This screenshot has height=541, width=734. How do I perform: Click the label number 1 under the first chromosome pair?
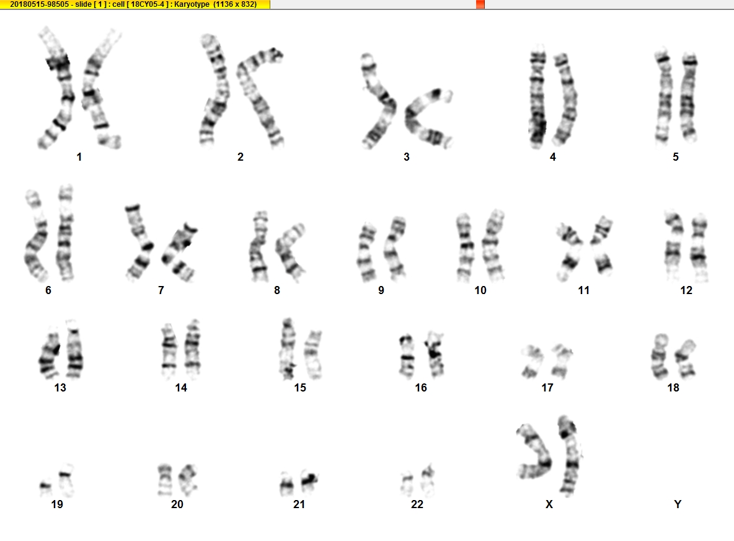click(x=79, y=157)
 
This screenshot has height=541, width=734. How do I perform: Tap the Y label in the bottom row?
click(x=678, y=504)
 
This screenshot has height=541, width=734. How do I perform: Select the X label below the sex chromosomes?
click(x=549, y=504)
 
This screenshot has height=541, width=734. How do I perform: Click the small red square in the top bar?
click(x=480, y=4)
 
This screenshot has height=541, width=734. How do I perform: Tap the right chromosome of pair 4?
click(x=565, y=99)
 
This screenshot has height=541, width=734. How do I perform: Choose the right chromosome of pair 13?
click(x=74, y=349)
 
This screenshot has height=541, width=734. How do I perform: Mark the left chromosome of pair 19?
click(x=46, y=488)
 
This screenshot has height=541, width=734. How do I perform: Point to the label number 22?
click(x=417, y=504)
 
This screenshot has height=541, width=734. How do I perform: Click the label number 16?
click(x=421, y=388)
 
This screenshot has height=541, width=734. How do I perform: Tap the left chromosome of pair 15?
click(x=288, y=349)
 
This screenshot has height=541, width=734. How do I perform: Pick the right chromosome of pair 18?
click(x=686, y=359)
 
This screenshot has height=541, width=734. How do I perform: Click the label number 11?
click(x=584, y=290)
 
